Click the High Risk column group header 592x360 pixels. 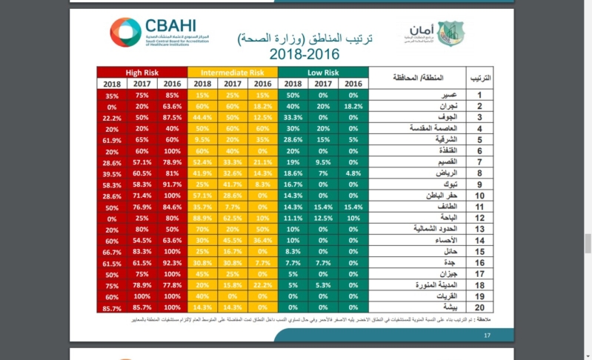coord(142,73)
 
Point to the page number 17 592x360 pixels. coord(488,336)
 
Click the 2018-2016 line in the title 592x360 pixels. coord(304,54)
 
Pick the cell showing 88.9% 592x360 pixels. coord(202,219)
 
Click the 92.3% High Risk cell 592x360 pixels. coord(172,262)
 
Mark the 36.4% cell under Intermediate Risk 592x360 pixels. coord(262,241)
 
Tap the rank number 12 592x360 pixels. coord(480,219)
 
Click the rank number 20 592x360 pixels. coord(480,307)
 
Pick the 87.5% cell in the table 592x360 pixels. coord(172,117)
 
